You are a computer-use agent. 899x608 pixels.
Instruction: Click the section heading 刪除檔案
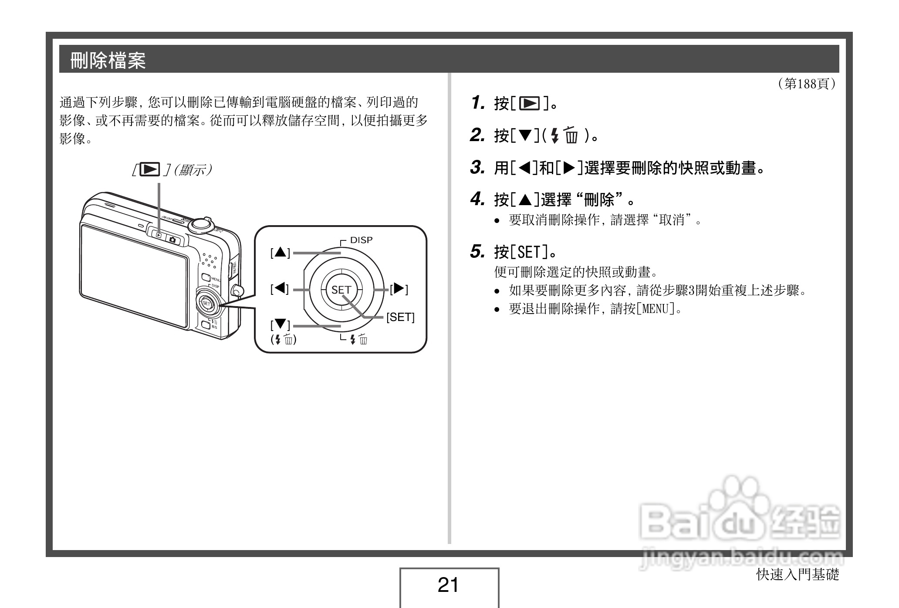pyautogui.click(x=108, y=60)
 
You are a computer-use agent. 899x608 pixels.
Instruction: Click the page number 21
pyautogui.click(x=448, y=585)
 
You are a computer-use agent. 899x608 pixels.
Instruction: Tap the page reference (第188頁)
pyautogui.click(x=806, y=84)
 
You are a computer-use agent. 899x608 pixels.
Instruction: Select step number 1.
pyautogui.click(x=478, y=103)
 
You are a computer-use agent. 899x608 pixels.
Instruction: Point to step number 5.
pyautogui.click(x=477, y=251)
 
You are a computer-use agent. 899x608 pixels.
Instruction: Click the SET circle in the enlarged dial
pyautogui.click(x=341, y=290)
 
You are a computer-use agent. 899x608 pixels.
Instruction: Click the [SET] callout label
pyautogui.click(x=400, y=317)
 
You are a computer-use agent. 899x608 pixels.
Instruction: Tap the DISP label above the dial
pyautogui.click(x=361, y=240)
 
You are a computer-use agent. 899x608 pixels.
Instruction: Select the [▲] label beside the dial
pyautogui.click(x=280, y=252)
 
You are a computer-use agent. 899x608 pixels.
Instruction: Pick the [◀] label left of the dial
pyautogui.click(x=280, y=288)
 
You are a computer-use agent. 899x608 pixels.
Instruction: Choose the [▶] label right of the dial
pyautogui.click(x=399, y=289)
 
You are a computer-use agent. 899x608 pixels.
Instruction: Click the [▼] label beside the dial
pyautogui.click(x=280, y=325)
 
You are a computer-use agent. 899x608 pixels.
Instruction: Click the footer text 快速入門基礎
pyautogui.click(x=798, y=574)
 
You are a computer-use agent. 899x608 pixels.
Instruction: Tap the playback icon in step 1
pyautogui.click(x=529, y=104)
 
